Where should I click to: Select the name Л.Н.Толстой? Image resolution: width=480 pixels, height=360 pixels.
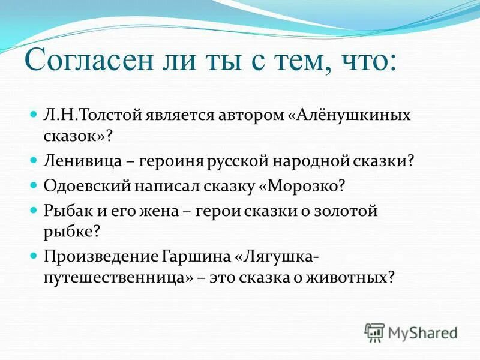(91, 115)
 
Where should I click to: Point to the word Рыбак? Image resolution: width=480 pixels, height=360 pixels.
(64, 211)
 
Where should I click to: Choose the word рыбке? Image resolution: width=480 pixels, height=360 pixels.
(70, 232)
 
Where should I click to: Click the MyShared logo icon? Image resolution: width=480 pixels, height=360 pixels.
(374, 332)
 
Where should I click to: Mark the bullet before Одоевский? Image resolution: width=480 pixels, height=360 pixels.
(34, 185)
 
